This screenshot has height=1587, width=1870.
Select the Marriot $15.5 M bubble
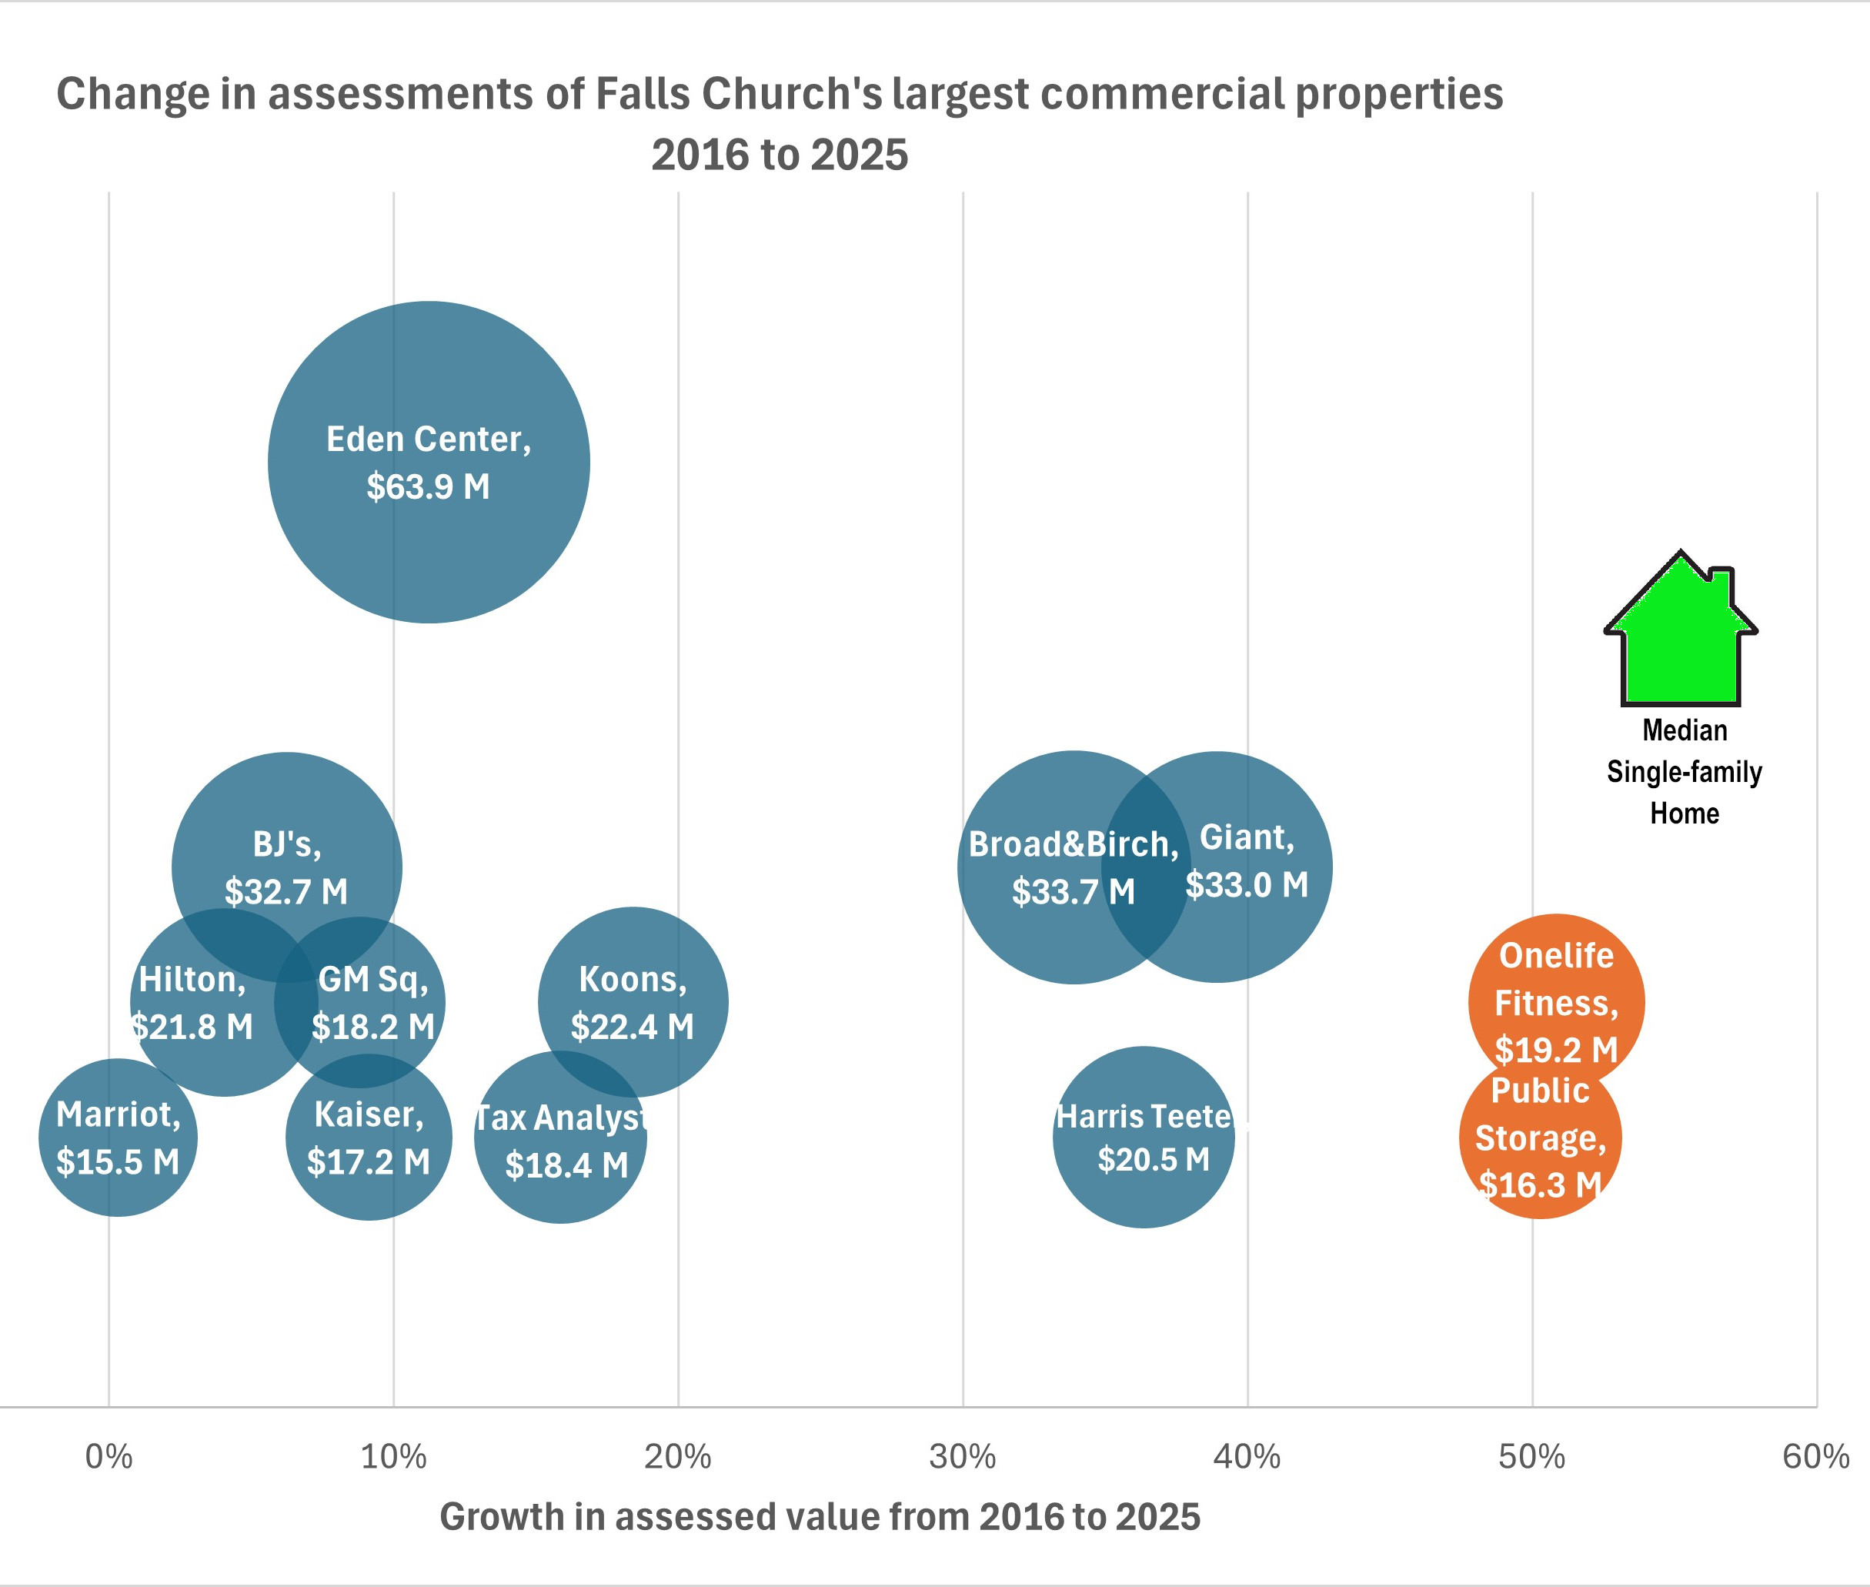pos(118,1138)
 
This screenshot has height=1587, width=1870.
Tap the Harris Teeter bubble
pos(1144,1138)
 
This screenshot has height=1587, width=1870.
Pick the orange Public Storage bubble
pos(1540,1138)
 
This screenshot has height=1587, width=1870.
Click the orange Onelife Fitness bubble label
pos(1556,1002)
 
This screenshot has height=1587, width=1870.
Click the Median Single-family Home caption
pos(1684,771)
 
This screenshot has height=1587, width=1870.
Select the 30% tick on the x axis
pos(963,1457)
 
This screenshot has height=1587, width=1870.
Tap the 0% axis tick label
pos(109,1457)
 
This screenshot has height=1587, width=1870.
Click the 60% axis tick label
pos(1815,1457)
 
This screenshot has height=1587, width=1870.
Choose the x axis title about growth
pos(820,1517)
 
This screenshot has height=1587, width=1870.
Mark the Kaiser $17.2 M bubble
pos(369,1138)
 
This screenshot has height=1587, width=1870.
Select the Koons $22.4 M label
pos(633,1002)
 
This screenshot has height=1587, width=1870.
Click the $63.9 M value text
pos(428,486)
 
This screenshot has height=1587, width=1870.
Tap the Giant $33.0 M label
pos(1247,861)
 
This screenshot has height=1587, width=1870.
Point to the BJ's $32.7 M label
pos(286,867)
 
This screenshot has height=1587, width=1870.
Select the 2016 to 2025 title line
pos(779,155)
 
